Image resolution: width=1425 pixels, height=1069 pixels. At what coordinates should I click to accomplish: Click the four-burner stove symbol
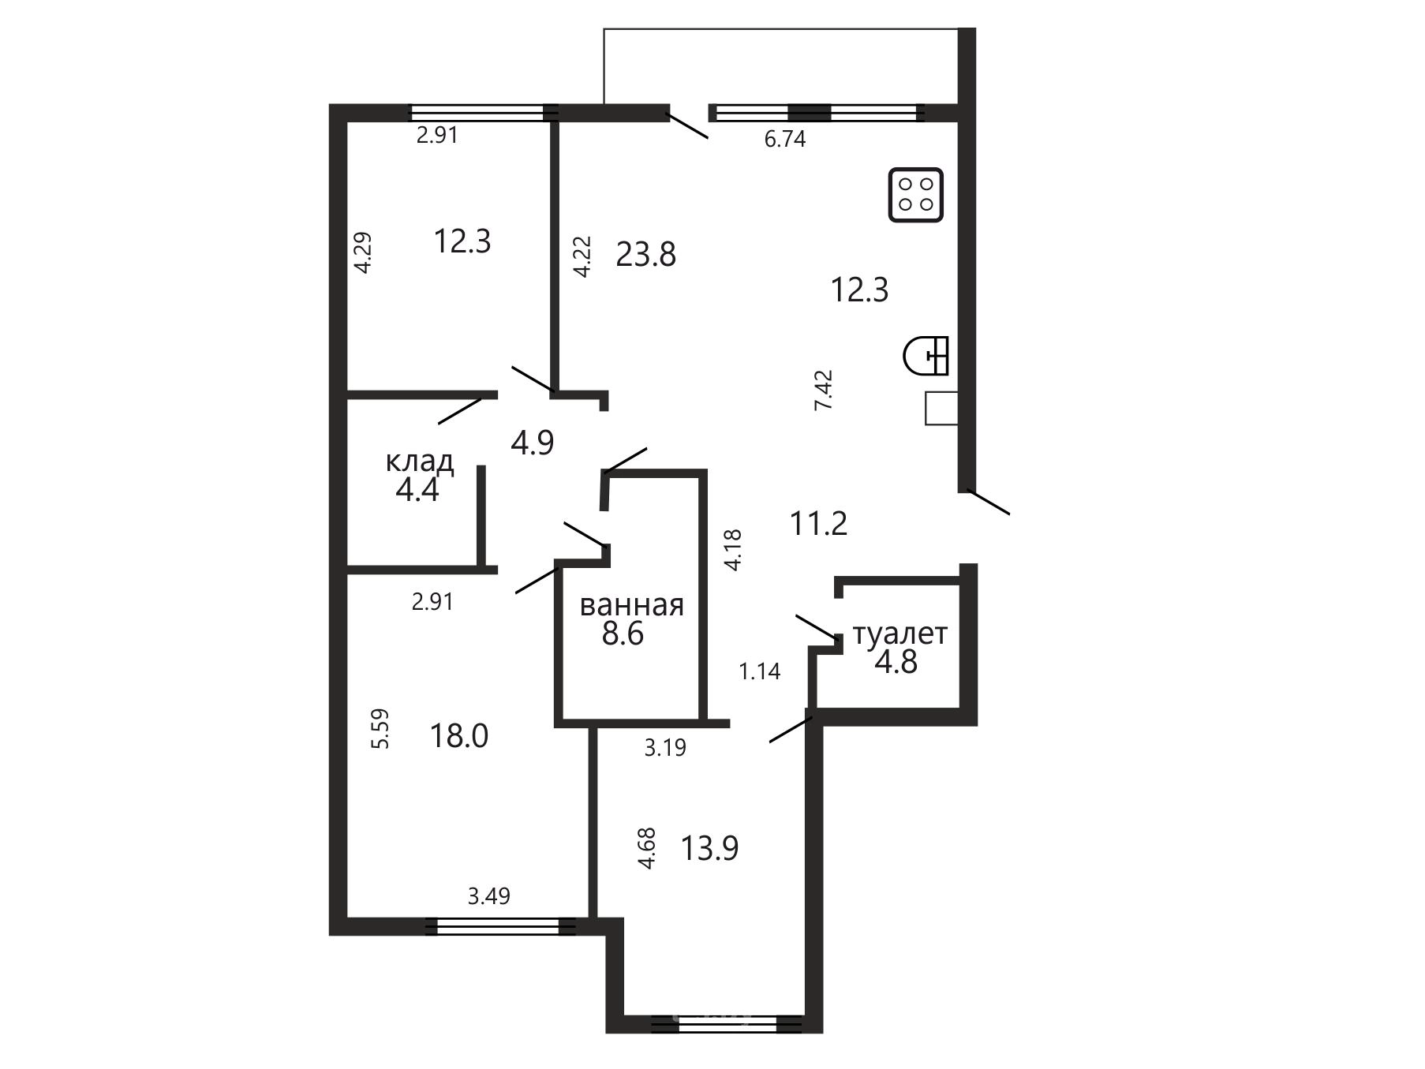coord(916,195)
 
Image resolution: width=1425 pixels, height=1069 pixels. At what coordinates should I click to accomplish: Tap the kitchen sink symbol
coord(926,355)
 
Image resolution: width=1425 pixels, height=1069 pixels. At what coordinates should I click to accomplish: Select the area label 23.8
coord(646,255)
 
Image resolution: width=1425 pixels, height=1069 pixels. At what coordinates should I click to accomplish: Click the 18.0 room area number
coord(459,736)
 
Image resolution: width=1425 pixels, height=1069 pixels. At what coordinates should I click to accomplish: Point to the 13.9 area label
coord(709,849)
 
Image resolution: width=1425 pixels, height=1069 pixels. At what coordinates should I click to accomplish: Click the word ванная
coord(632,606)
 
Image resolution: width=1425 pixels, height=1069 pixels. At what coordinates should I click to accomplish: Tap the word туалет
coord(900,634)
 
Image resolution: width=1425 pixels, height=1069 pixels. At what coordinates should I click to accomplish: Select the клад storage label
coord(420,462)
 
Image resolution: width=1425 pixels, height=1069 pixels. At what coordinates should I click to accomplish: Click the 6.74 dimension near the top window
coord(785,140)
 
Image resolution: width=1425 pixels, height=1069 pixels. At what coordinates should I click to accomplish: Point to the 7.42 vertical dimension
coord(824,390)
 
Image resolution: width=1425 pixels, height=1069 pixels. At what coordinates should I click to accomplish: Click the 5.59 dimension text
coord(380,730)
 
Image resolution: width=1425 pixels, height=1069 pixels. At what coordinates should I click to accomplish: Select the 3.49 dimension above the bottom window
coord(489,896)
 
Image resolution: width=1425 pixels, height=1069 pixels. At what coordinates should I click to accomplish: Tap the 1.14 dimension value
coord(760,671)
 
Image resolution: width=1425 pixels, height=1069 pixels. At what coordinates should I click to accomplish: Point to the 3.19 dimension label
coord(665,748)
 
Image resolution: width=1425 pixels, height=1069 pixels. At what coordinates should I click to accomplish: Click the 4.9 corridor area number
coord(533,443)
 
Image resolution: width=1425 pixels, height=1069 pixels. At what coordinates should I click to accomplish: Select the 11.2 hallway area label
coord(819,523)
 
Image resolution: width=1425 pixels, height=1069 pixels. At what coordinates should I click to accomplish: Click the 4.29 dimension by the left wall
coord(363,252)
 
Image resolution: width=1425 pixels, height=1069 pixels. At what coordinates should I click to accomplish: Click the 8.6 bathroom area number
coord(623,634)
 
